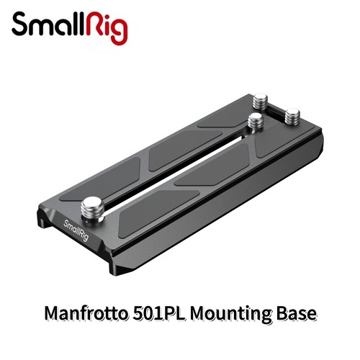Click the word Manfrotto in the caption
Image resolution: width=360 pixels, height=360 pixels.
coord(86,313)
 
